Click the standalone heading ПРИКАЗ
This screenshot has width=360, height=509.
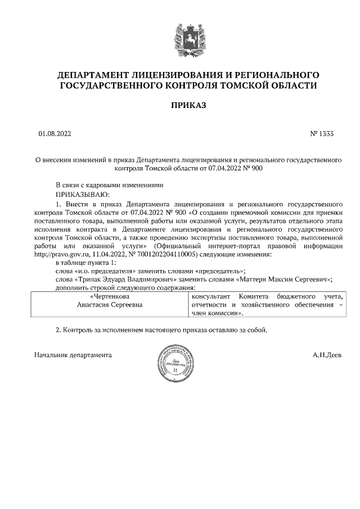coord(188,105)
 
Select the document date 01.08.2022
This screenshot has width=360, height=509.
coord(55,134)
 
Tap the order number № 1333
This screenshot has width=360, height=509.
coord(322,134)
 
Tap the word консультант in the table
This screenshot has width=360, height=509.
coord(211,296)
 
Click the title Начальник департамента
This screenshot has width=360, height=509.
coord(73,355)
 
